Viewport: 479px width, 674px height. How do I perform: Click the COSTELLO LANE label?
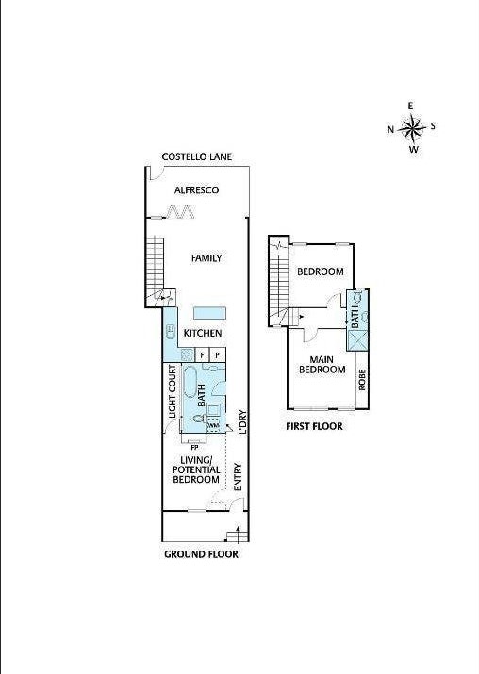pos(196,157)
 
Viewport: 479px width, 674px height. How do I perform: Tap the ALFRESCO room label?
pos(197,190)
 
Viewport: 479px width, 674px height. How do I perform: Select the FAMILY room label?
pos(206,257)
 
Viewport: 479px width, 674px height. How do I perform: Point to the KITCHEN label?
pos(203,334)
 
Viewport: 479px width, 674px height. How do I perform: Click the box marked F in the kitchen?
pos(202,354)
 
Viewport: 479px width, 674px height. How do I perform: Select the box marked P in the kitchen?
pos(218,354)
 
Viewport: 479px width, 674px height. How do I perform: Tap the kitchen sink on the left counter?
pos(170,332)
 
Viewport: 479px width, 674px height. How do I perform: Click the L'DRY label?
pos(242,420)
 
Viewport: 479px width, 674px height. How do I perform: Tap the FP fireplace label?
pos(195,448)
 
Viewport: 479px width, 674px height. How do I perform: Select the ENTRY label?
pos(238,475)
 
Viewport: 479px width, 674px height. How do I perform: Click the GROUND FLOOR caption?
pos(201,554)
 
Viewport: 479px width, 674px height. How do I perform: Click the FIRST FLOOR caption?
pos(314,426)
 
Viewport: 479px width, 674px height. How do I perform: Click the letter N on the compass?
pos(391,129)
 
